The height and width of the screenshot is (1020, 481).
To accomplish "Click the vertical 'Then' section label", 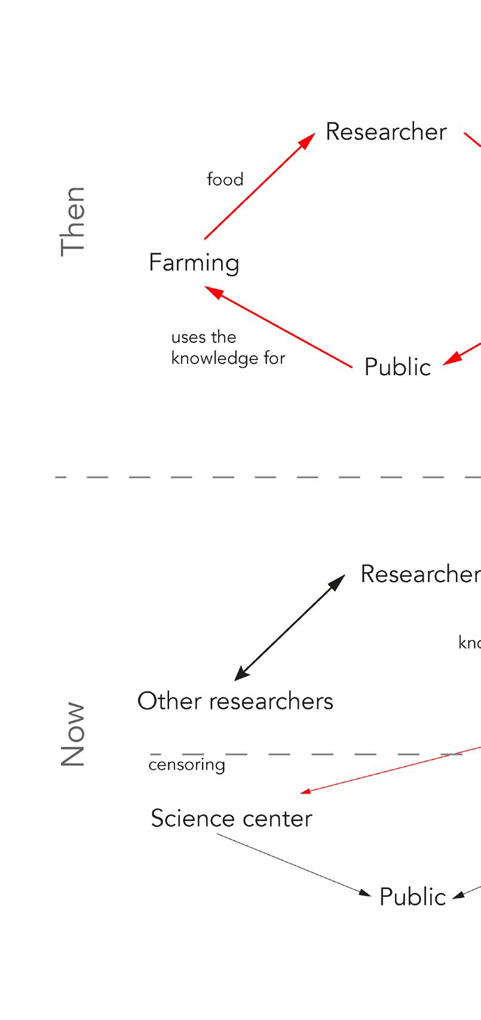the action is (x=73, y=221).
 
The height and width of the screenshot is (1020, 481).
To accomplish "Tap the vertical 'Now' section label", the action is (x=73, y=734).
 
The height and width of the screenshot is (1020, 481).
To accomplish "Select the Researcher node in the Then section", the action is (x=386, y=132).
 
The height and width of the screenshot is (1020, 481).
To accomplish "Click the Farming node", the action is (x=194, y=263).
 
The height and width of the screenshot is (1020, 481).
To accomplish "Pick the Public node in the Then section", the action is (x=397, y=367).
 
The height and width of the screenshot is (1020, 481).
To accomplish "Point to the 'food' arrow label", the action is (x=225, y=179).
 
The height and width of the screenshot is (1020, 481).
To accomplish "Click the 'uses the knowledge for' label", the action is (x=228, y=348).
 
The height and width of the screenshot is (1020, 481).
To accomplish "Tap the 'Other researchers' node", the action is (x=235, y=701).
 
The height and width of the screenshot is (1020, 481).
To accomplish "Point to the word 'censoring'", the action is (x=187, y=765).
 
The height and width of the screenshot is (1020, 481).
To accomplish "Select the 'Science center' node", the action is (x=231, y=818).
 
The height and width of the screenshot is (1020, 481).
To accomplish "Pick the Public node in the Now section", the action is (x=412, y=897).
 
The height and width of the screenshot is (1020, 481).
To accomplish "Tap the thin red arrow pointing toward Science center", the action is (x=388, y=769).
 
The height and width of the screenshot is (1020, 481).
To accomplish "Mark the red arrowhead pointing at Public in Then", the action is (x=452, y=359).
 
